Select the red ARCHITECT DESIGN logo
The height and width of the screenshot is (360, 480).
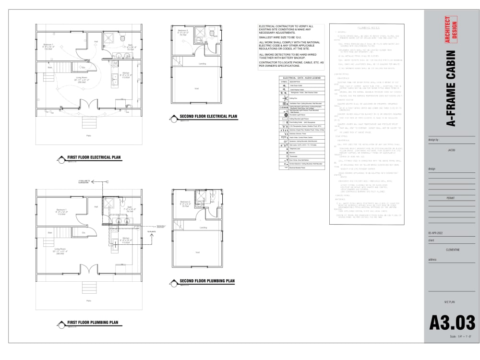[x=451, y=30]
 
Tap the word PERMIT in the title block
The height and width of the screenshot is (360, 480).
[x=452, y=197]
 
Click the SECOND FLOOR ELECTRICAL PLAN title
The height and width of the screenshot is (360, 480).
[x=208, y=117]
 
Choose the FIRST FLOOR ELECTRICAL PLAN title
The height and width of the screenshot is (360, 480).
[x=93, y=157]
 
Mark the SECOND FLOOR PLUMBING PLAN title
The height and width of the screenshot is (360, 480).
[x=207, y=281]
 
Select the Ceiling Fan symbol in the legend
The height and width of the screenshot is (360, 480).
[x=284, y=98]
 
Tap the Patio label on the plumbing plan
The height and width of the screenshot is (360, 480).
[x=88, y=301]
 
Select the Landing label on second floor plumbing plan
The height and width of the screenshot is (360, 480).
[x=203, y=228]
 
